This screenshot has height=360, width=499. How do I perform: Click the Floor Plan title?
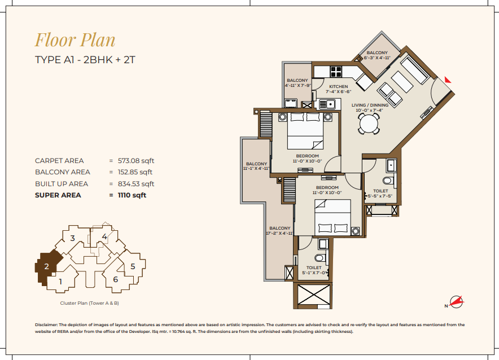pyautogui.click(x=75, y=39)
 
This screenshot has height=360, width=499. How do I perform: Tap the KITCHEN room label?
pyautogui.click(x=338, y=86)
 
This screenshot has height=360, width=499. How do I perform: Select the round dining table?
pyautogui.click(x=369, y=124)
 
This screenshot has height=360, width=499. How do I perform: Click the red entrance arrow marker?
pyautogui.click(x=448, y=80)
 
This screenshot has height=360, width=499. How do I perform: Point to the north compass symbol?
pyautogui.click(x=456, y=302)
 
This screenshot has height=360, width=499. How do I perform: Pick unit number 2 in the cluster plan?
pyautogui.click(x=46, y=266)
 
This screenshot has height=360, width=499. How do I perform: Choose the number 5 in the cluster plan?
pyautogui.click(x=133, y=266)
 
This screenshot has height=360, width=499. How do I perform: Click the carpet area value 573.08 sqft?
pyautogui.click(x=136, y=161)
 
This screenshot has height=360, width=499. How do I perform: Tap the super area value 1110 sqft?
pyautogui.click(x=132, y=195)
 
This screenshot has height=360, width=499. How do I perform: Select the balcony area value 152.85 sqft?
pyautogui.click(x=135, y=172)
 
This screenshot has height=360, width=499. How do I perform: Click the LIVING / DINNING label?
pyautogui.click(x=370, y=106)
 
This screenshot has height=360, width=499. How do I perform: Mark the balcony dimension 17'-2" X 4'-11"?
pyautogui.click(x=279, y=234)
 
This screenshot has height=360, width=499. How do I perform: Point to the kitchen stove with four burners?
pyautogui.click(x=336, y=72)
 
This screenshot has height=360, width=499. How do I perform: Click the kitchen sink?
pyautogui.click(x=327, y=104)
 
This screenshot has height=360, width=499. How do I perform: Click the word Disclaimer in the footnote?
pyautogui.click(x=46, y=324)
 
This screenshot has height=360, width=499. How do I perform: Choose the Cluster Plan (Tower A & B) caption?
pyautogui.click(x=89, y=303)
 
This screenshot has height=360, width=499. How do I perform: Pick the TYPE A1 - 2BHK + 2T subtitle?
pyautogui.click(x=85, y=60)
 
